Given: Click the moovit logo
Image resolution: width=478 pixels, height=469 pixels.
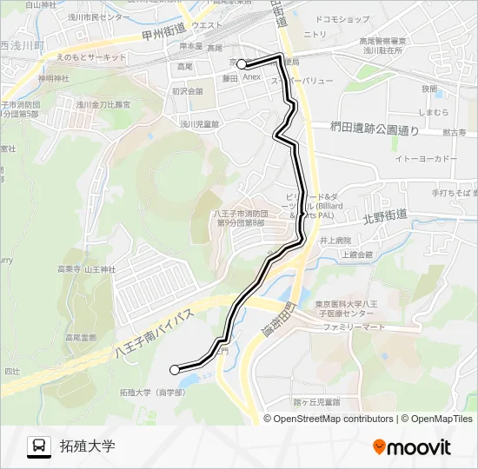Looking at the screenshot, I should tap(412, 447).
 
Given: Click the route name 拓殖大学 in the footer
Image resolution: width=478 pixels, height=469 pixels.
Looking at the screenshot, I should tap(87, 447).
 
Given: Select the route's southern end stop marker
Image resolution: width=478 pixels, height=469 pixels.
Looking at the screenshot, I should tap(175, 370).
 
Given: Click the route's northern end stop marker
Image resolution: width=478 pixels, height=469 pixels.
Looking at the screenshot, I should tap(242, 63).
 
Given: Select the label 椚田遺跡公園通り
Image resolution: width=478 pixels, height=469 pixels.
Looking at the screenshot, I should tap(374, 129).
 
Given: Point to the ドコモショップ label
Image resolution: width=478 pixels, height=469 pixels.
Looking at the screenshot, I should tap(342, 18).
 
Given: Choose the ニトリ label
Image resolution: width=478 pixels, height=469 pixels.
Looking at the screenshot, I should tap(315, 34).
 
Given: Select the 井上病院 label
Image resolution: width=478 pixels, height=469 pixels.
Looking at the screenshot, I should tap(335, 240).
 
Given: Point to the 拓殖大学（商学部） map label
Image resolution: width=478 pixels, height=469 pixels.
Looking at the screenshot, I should tap(151, 393).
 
